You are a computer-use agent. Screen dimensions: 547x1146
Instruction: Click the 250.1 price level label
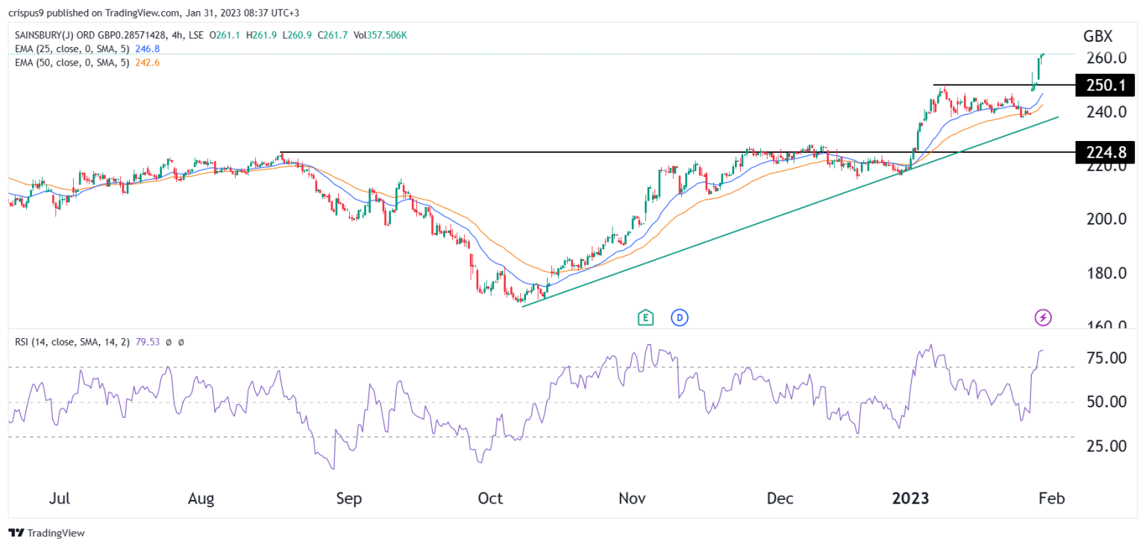tap(1104, 86)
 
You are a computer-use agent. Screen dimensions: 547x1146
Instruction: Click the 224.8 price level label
tap(1104, 153)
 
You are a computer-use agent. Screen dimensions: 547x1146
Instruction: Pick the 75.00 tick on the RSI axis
tap(1106, 358)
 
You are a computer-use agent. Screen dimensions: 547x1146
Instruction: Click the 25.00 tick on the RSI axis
tap(1106, 446)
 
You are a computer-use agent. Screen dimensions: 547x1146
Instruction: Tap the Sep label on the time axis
tap(349, 498)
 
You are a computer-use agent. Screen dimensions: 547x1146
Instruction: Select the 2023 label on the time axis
tap(912, 498)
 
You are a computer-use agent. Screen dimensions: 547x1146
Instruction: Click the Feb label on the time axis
tap(1052, 498)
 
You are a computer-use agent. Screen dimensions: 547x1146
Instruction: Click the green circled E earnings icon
tap(645, 318)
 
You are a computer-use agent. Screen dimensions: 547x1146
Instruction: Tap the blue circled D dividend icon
tap(679, 318)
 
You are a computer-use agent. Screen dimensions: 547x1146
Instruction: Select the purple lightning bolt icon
tap(1043, 318)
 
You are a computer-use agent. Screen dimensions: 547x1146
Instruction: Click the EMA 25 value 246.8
tap(146, 49)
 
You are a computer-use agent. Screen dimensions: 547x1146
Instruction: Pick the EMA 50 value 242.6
tap(146, 63)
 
